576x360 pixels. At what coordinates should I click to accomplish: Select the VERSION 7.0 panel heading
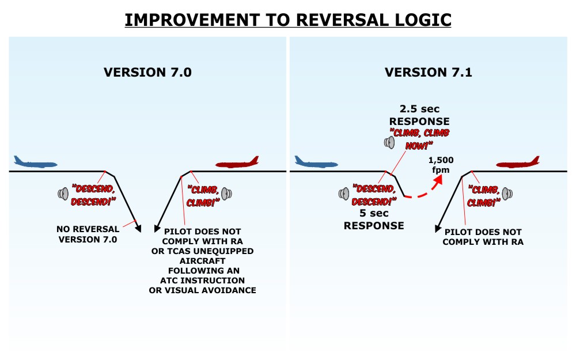tap(147, 73)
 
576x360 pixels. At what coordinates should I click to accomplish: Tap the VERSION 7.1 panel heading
tap(429, 73)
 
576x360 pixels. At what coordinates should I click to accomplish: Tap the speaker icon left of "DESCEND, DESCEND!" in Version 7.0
tap(63, 194)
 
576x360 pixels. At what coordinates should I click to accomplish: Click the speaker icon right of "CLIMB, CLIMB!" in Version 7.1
tap(507, 194)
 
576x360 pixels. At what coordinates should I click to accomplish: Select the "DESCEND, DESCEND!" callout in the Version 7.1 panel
tap(374, 195)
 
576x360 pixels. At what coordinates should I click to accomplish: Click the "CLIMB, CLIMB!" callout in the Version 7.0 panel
tap(203, 195)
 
